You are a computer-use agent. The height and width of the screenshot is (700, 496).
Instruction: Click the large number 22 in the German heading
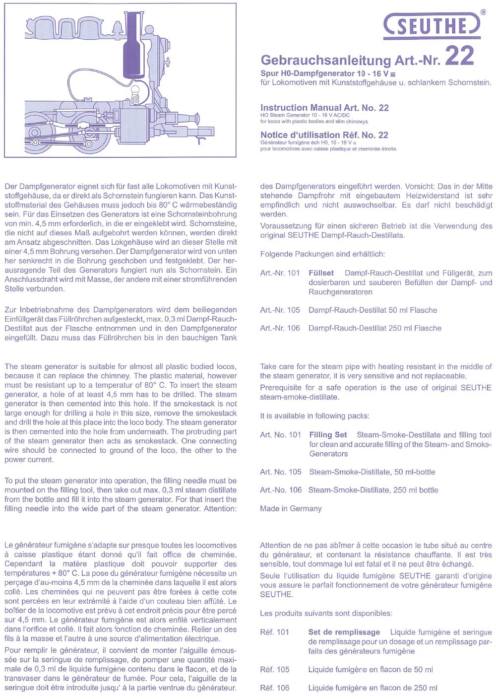click(x=459, y=56)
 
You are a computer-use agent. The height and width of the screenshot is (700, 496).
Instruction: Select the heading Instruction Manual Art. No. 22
click(x=324, y=108)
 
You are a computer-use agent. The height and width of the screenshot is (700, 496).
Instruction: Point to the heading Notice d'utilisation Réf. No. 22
click(x=324, y=135)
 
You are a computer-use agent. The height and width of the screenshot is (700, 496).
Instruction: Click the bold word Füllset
click(x=321, y=273)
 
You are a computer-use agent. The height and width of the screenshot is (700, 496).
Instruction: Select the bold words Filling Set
click(x=328, y=435)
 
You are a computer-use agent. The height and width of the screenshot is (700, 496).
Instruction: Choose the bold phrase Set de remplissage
click(x=344, y=632)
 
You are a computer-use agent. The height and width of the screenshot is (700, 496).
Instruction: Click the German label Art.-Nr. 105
click(x=280, y=310)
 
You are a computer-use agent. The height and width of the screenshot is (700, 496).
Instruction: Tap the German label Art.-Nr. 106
click(x=280, y=328)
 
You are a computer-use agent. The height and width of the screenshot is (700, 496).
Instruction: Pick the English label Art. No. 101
click(x=281, y=435)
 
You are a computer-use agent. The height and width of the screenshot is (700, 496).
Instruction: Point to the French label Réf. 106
click(x=275, y=688)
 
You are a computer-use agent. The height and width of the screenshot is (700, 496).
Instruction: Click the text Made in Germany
click(x=291, y=508)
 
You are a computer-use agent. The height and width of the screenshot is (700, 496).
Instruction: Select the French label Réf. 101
click(x=275, y=632)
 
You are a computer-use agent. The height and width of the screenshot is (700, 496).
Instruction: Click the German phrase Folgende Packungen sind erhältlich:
click(x=322, y=254)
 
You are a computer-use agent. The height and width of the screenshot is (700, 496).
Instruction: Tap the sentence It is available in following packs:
click(x=314, y=416)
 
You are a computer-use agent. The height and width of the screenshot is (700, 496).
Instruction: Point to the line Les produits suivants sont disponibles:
click(x=326, y=613)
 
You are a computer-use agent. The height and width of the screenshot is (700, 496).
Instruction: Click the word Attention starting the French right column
click(x=276, y=545)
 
